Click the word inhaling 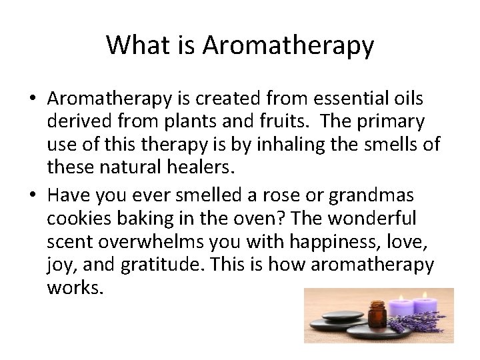(293, 145)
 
